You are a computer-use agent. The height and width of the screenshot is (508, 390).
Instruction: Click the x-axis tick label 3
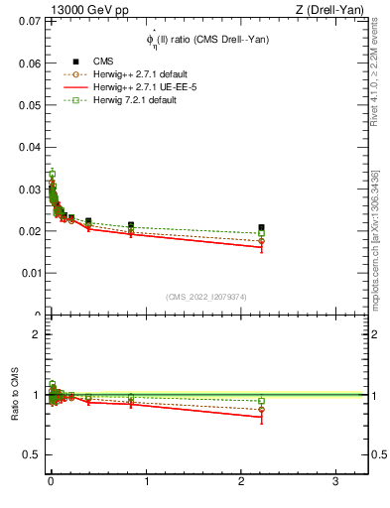(x=336, y=481)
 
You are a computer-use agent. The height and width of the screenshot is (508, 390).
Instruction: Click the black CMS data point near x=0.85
(x=131, y=225)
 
